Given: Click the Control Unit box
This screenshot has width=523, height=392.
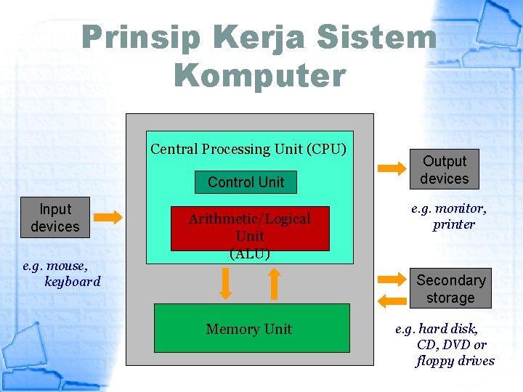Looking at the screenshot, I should pos(246,182).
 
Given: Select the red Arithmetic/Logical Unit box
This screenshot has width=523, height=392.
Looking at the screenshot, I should pos(250,228).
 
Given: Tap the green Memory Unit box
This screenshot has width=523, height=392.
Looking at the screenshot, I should pos(251,328).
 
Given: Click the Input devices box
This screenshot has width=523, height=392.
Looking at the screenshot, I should pos(55,218).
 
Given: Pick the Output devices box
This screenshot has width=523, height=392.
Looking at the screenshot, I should pos(445,170).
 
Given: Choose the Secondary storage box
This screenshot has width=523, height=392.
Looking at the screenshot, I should pos(450,289).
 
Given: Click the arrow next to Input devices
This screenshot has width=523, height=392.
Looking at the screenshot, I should pos(110,217).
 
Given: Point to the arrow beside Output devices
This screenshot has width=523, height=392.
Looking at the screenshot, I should pos(393,168).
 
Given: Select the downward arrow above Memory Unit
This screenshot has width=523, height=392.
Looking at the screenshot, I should pos(226,284).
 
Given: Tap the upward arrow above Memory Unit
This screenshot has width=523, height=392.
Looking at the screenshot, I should pos(274,284).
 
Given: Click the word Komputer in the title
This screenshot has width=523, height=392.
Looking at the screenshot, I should pos(259,75).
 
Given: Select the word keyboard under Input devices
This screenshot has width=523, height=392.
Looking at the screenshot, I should pos(73,281).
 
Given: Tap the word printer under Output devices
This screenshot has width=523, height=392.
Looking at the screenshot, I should pos(454,224).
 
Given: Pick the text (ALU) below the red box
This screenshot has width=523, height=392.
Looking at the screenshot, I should pos(250,254).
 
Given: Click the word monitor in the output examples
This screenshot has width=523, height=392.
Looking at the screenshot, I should pos(463,208).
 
